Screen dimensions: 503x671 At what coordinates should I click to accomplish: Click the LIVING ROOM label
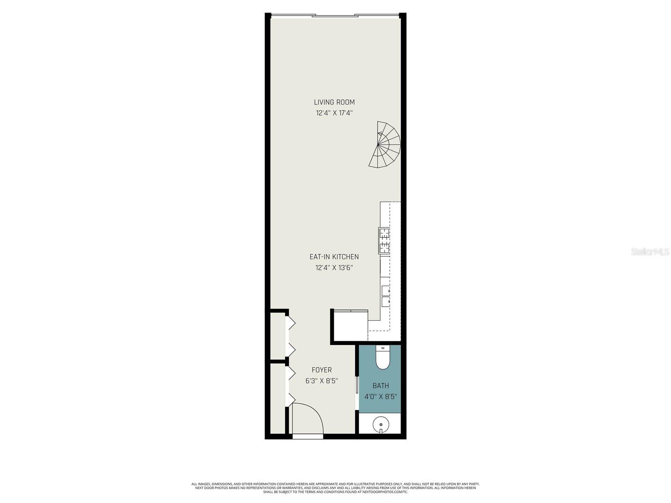point(334,102)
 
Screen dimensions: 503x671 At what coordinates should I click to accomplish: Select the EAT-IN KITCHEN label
point(334,257)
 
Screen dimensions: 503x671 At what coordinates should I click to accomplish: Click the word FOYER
point(322,370)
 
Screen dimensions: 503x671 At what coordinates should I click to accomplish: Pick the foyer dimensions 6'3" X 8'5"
point(322,381)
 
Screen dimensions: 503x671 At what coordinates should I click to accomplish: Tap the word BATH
point(380,385)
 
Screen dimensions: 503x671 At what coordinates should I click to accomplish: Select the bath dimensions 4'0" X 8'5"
point(380,396)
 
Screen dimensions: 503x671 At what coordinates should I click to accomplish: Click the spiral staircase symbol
point(385,145)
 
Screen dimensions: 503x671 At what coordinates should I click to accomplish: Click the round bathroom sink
point(381,425)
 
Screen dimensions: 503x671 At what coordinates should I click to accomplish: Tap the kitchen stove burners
point(384,241)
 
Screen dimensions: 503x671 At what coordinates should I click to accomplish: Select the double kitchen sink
point(386,296)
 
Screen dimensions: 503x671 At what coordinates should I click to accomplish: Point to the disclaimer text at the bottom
point(335,487)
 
